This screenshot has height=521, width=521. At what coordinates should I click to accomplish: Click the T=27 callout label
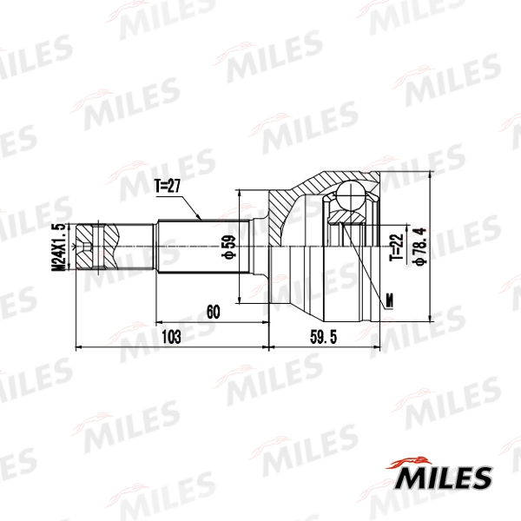(168, 186)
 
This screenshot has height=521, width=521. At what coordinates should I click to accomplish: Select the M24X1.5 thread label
(58, 247)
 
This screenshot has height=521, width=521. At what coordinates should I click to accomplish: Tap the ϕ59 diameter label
(229, 247)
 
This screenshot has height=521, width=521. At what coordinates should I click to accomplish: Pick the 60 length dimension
(213, 312)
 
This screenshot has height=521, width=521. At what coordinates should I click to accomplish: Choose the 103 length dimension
(171, 337)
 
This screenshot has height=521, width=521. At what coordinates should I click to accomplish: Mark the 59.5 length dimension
(323, 337)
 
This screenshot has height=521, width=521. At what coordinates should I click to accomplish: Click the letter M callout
(389, 300)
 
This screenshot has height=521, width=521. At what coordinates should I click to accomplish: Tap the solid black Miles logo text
(443, 478)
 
